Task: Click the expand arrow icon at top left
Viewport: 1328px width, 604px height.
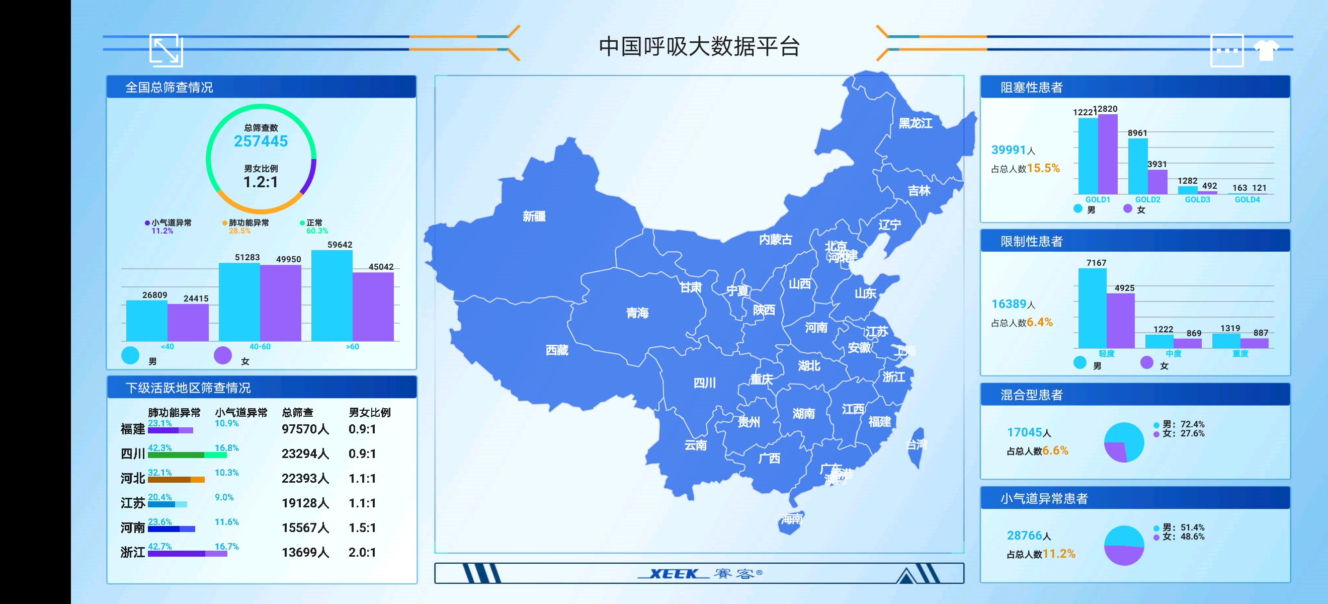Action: coord(166,50)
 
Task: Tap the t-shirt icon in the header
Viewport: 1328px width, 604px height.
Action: coord(1266,50)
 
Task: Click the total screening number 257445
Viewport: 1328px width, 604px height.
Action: coord(261,141)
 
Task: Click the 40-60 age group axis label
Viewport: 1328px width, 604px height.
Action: coord(260,347)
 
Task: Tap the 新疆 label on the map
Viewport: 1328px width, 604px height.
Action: coord(534,216)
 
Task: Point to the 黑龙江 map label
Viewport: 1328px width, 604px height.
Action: coord(915,123)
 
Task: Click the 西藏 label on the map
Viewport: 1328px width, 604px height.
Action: coord(557,351)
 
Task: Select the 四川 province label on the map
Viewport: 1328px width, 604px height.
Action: coord(704,383)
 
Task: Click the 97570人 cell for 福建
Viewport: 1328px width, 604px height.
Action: coord(305,429)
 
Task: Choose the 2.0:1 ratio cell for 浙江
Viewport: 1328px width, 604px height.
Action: coord(362,553)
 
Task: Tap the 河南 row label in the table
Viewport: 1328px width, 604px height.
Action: coord(132,527)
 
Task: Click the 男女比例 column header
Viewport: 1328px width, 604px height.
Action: coord(370,413)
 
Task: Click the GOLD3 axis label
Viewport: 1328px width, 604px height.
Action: coord(1197,200)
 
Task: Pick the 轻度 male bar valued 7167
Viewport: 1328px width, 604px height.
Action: coord(1092,308)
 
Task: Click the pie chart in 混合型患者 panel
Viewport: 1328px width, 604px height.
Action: coord(1124,442)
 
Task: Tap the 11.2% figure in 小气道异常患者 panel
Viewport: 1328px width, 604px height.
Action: coord(1059,554)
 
